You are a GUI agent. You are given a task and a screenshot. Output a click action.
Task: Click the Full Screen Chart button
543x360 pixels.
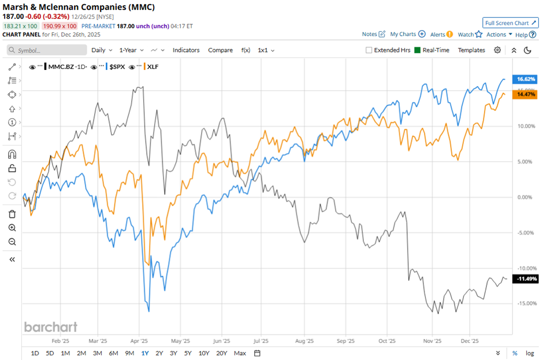tap(510, 23)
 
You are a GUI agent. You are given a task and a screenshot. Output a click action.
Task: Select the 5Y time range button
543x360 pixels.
tap(188, 353)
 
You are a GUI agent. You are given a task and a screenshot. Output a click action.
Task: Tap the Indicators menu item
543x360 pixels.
tap(186, 50)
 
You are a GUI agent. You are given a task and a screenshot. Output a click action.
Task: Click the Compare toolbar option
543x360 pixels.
tap(220, 50)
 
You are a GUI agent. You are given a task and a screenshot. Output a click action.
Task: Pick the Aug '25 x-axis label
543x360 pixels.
tap(304, 341)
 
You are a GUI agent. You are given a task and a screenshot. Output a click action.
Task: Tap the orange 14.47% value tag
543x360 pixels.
tap(526, 94)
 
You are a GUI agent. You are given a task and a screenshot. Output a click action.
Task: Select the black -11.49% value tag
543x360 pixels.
tap(526, 279)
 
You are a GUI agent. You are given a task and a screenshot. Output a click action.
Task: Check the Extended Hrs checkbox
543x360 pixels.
tap(369, 50)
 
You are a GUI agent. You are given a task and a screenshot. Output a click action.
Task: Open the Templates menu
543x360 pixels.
tap(471, 50)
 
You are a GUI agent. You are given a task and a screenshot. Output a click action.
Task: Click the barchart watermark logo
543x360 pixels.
tap(51, 327)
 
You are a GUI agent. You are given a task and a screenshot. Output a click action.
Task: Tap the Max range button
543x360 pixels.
tap(240, 353)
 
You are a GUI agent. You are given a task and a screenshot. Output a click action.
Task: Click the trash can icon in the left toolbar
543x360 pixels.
tap(12, 214)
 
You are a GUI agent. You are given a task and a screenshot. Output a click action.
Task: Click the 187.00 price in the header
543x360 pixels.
tap(13, 17)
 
